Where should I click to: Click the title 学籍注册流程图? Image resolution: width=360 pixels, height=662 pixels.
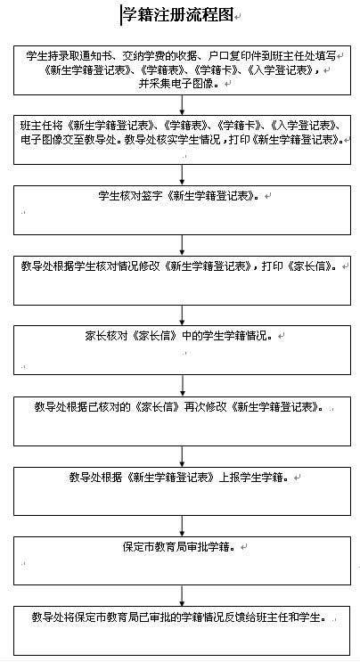coord(177,16)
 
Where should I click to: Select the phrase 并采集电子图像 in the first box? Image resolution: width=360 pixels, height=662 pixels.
coord(176,83)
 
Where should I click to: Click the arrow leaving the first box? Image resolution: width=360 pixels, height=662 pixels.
coord(182,105)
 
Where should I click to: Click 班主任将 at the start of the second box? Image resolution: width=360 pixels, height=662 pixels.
coord(41,126)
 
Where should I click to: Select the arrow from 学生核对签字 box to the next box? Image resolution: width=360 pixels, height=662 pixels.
coord(182,245)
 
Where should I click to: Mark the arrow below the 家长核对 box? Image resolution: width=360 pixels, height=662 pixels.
coord(182,386)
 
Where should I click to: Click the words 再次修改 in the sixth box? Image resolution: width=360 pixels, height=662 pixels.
coord(205,407)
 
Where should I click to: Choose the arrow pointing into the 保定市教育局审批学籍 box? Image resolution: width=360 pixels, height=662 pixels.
coord(182,526)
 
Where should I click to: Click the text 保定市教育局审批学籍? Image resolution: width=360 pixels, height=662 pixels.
coord(176,547)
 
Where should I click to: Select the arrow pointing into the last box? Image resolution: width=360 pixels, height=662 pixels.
coord(182,596)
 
